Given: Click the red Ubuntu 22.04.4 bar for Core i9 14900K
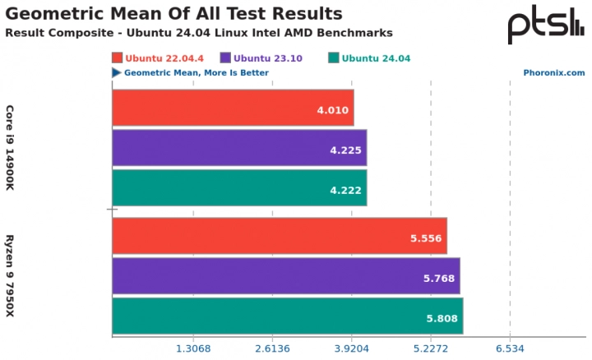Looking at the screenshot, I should (x=233, y=108).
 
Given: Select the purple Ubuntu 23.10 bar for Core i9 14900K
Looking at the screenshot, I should (x=239, y=148).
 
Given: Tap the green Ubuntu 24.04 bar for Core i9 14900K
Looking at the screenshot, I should (x=239, y=187).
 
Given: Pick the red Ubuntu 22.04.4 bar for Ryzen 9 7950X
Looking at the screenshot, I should (x=280, y=237).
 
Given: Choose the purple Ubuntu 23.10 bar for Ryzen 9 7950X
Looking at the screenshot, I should (x=286, y=276).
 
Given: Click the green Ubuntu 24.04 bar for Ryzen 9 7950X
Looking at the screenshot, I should (x=288, y=316).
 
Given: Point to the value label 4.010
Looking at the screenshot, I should (x=333, y=108).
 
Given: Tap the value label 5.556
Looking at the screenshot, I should (x=427, y=238).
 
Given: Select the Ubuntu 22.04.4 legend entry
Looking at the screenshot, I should (x=159, y=58).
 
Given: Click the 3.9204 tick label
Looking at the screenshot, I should (x=351, y=348).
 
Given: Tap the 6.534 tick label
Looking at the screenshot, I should (x=510, y=348).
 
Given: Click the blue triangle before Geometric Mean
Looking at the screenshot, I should (x=117, y=72).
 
